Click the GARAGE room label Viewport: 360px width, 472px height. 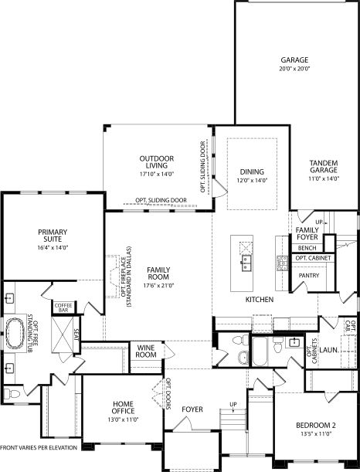click(294, 59)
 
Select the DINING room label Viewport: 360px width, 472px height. click(252, 171)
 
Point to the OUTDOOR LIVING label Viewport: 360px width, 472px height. click(157, 163)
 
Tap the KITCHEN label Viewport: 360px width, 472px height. click(260, 299)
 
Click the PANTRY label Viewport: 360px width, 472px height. click(308, 274)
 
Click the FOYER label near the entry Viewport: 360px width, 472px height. click(192, 409)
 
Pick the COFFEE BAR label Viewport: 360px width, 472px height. click(63, 307)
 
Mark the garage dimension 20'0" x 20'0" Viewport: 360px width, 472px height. click(294, 69)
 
